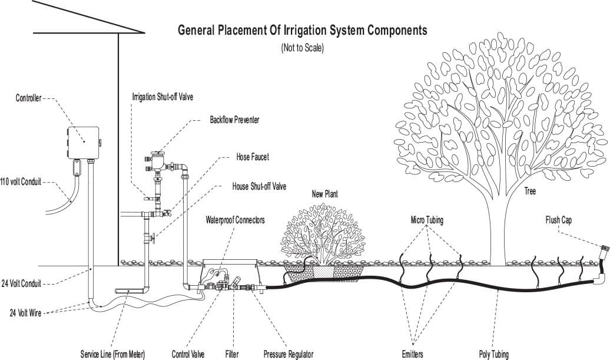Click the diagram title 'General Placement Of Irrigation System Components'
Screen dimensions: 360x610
(x=302, y=30)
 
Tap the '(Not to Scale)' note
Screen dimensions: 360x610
(x=302, y=48)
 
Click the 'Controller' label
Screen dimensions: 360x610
(x=28, y=98)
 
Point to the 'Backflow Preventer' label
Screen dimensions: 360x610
(x=234, y=120)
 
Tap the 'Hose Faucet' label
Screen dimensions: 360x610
(x=252, y=157)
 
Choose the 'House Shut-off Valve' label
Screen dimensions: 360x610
(x=259, y=187)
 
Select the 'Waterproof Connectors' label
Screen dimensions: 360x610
(x=235, y=220)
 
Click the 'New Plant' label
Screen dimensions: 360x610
(x=324, y=193)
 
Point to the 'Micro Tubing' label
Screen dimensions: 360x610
(x=427, y=220)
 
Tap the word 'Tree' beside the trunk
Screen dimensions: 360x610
(x=530, y=191)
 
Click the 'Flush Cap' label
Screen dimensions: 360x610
(x=558, y=220)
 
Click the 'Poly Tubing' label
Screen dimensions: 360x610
(x=494, y=355)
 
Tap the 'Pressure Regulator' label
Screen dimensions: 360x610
(x=289, y=355)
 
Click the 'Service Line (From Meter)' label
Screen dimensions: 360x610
(x=112, y=355)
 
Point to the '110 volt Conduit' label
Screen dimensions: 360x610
(x=21, y=182)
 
